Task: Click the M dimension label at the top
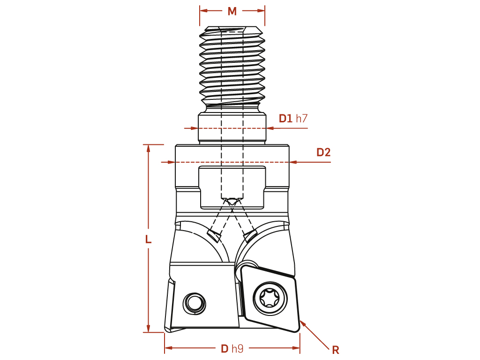[232, 11]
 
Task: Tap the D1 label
[285, 119]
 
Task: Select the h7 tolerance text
[301, 119]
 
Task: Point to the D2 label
[323, 152]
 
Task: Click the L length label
[148, 239]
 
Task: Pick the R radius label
[336, 350]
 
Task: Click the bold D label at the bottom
[225, 348]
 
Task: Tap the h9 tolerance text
[238, 348]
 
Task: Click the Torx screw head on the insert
[270, 298]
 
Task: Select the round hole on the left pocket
[194, 303]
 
